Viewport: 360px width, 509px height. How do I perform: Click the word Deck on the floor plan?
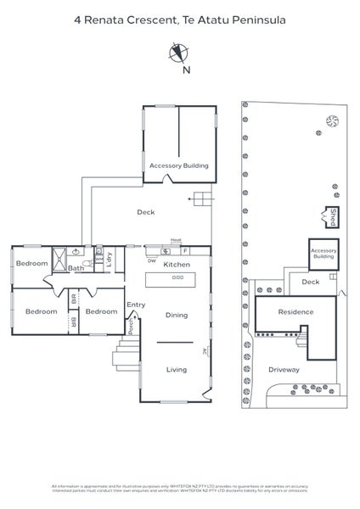[x=145, y=213]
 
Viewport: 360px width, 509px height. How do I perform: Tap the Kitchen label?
[x=177, y=266]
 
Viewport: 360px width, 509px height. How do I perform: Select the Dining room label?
[x=176, y=316]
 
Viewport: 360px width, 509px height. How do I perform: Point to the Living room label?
[x=176, y=369]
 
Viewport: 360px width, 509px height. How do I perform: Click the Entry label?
[x=136, y=305]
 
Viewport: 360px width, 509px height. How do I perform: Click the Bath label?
[x=76, y=269]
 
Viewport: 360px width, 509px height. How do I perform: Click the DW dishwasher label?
[x=151, y=261]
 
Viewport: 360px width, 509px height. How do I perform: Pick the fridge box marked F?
[x=184, y=251]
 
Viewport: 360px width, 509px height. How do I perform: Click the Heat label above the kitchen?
[x=176, y=240]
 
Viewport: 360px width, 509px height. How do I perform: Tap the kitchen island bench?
[x=177, y=278]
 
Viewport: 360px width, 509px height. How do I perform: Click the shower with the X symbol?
[x=59, y=258]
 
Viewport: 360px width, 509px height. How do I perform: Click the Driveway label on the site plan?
[x=284, y=370]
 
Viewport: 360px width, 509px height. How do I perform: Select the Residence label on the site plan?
[x=295, y=312]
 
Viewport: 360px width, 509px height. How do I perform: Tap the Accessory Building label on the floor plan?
[x=178, y=165]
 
